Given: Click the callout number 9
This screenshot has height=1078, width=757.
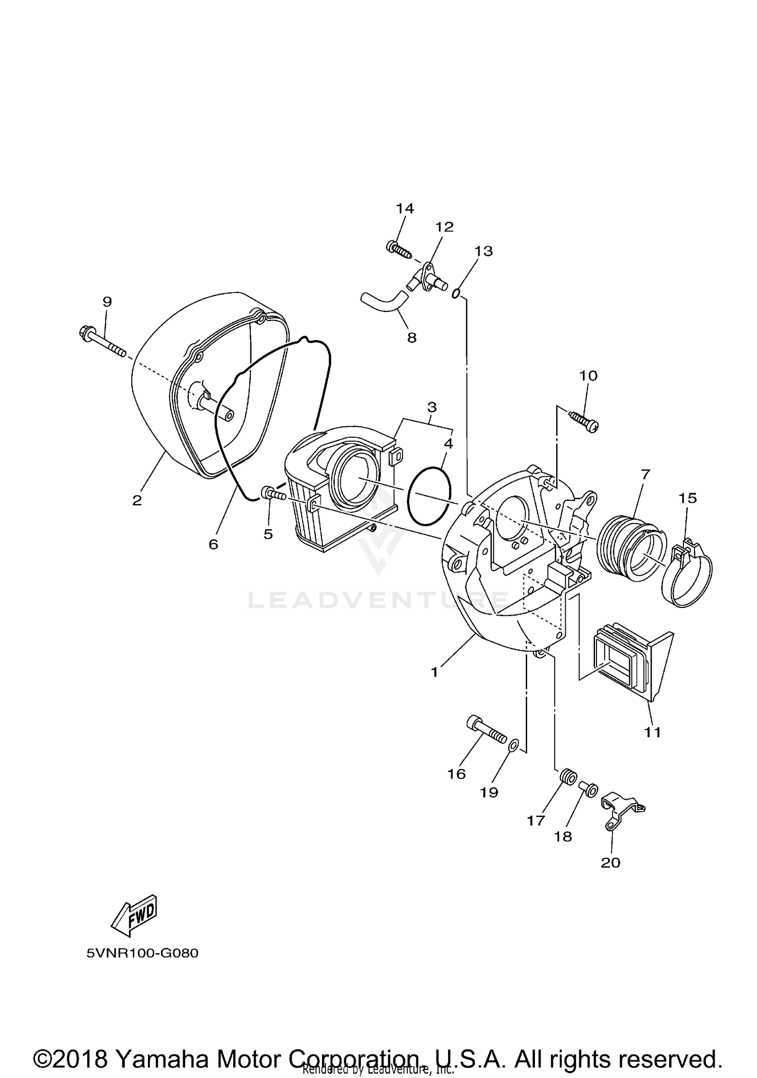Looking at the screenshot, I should [107, 302].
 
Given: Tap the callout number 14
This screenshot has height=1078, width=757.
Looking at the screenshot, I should [405, 208].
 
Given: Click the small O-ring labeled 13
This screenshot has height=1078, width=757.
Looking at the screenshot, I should [456, 293].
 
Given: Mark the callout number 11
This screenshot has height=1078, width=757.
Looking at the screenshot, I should [653, 732].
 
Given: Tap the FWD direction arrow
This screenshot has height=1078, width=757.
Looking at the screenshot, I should [134, 914].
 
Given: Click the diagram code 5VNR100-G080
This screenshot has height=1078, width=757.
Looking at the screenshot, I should [142, 953].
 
